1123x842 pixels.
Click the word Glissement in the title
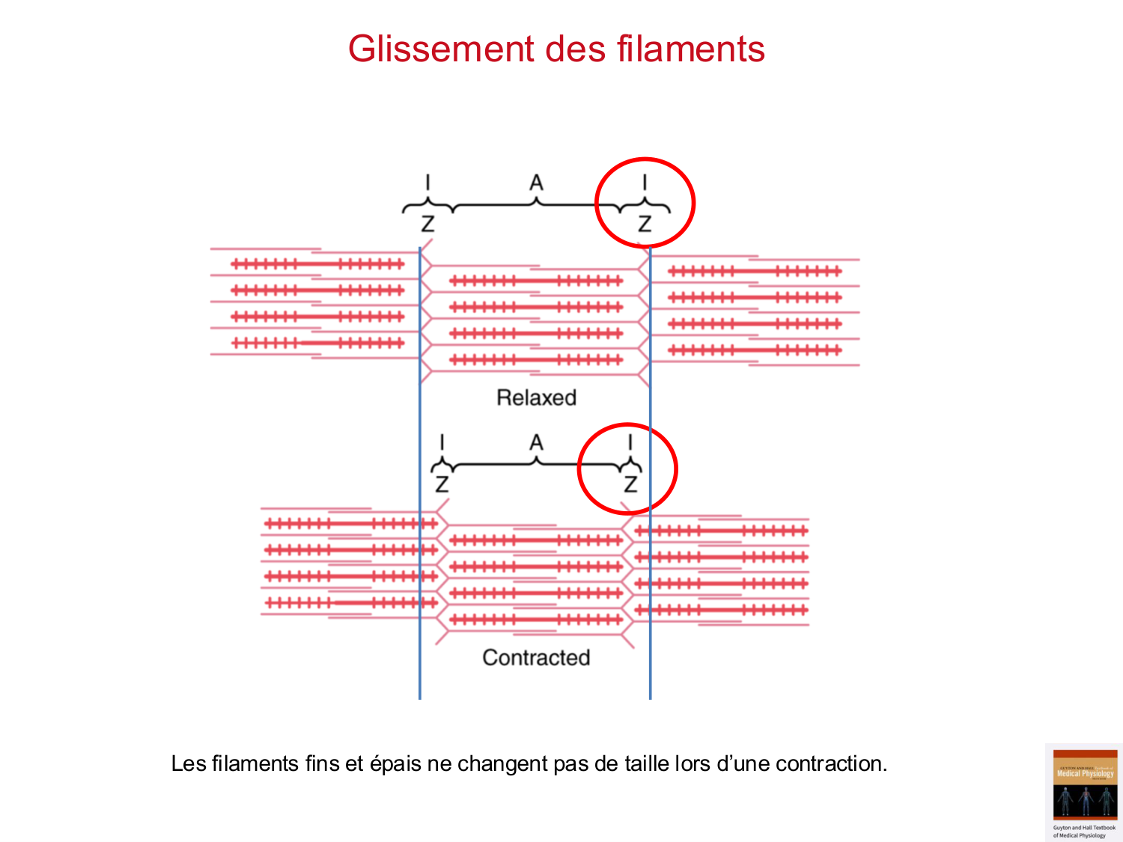click(x=440, y=49)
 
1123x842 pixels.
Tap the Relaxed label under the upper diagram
click(x=536, y=397)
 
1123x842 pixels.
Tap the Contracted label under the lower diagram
click(x=536, y=657)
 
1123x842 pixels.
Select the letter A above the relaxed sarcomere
click(x=536, y=183)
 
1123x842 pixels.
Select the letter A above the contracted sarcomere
click(x=536, y=443)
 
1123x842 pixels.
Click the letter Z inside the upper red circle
click(x=645, y=223)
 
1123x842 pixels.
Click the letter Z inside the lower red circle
click(x=630, y=484)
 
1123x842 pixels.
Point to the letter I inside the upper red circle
click(x=645, y=183)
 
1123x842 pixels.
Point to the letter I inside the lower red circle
click(x=630, y=443)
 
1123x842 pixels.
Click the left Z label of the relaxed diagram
click(x=427, y=223)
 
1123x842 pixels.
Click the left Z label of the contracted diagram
click(x=442, y=484)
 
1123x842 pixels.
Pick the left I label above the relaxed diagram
click(x=427, y=183)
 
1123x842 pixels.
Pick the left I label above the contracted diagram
click(x=442, y=443)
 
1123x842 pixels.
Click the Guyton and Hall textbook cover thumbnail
click(x=1084, y=793)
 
